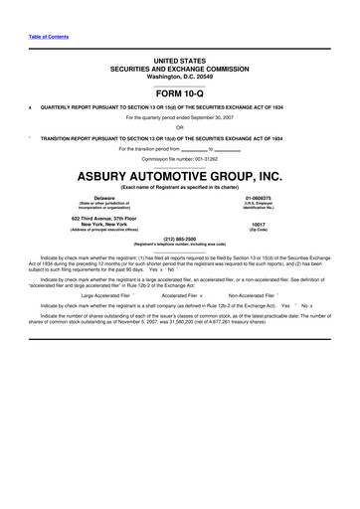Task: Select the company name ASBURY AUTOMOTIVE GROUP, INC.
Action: pyautogui.click(x=179, y=175)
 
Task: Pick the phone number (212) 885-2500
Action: pyautogui.click(x=179, y=238)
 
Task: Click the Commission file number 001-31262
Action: pyautogui.click(x=179, y=158)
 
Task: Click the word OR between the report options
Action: pyautogui.click(x=179, y=126)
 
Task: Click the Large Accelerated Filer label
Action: pyautogui.click(x=105, y=295)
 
